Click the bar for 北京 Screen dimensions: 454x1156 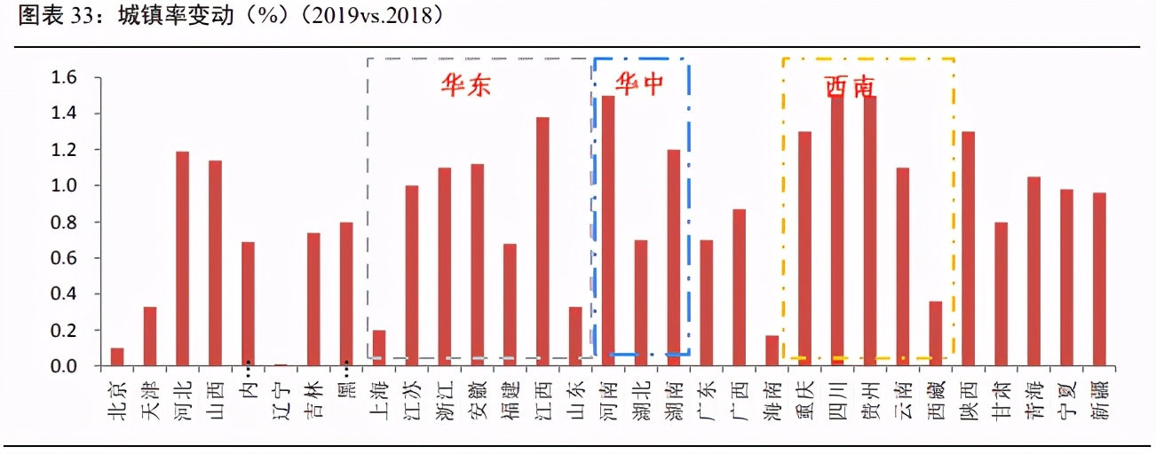coord(117,356)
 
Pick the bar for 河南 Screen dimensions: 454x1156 coord(608,231)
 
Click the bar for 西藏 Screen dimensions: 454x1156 coord(935,333)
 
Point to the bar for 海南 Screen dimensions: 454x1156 coord(772,350)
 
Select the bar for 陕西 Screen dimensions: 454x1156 coord(968,248)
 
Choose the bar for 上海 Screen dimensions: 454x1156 coord(379,348)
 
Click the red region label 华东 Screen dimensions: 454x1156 coord(467,85)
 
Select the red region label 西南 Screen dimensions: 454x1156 coord(850,86)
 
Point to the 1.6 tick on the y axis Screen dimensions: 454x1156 coord(66,78)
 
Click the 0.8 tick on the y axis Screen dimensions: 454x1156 coord(66,223)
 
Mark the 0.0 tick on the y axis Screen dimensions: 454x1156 coord(66,366)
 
